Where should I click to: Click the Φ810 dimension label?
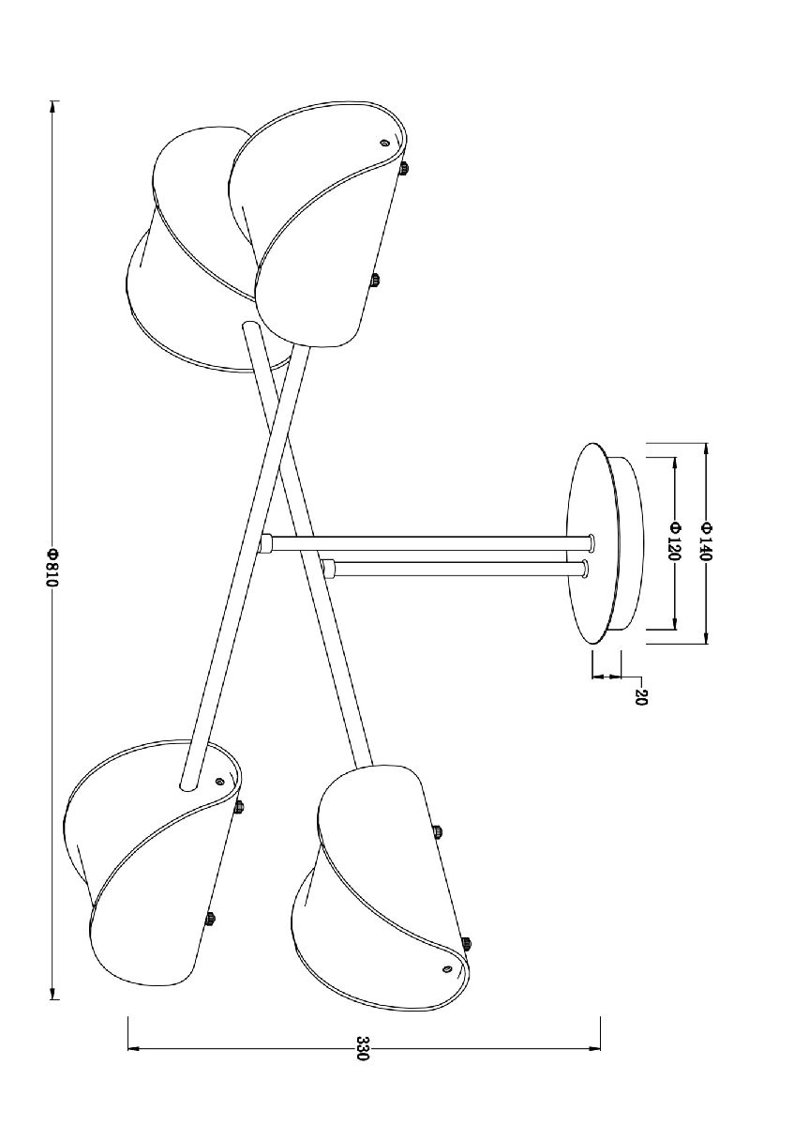[52, 568]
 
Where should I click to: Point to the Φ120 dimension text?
[674, 540]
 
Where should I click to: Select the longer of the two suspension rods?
[429, 543]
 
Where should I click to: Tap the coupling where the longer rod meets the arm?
[264, 543]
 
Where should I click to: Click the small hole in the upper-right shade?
[384, 143]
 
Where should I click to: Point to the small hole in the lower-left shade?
[219, 796]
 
